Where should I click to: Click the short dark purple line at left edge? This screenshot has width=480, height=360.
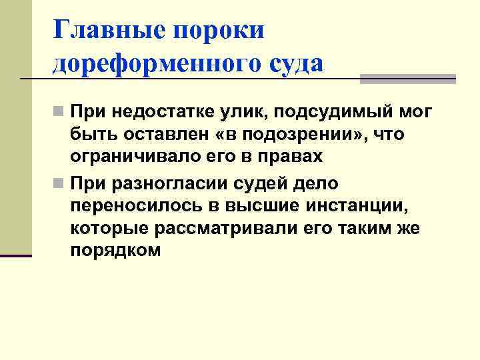[16, 255]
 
